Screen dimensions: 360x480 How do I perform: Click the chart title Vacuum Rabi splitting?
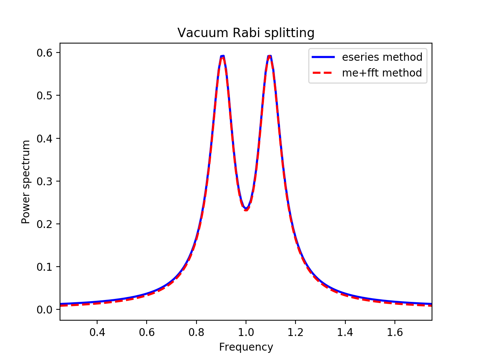point(246,33)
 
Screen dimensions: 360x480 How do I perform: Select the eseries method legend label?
point(382,57)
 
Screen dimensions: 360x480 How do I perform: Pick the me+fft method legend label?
point(382,73)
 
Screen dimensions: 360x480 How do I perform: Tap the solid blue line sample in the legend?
point(323,57)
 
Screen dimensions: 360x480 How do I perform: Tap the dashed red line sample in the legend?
point(323,73)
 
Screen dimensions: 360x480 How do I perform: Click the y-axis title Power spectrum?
point(26,182)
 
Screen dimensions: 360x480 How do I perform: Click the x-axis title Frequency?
point(246,347)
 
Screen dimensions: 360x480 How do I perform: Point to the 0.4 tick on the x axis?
point(97,332)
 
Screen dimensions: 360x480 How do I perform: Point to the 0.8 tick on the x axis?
point(196,332)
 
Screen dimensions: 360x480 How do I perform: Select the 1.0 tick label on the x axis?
point(246,332)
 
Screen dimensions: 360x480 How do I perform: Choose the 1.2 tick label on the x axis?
point(295,332)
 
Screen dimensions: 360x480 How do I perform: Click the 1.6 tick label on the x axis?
point(394,332)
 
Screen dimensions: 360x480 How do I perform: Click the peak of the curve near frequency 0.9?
point(222,56)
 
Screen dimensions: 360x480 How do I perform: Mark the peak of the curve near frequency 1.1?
point(269,56)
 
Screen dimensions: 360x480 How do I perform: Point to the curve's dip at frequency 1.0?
point(246,209)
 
